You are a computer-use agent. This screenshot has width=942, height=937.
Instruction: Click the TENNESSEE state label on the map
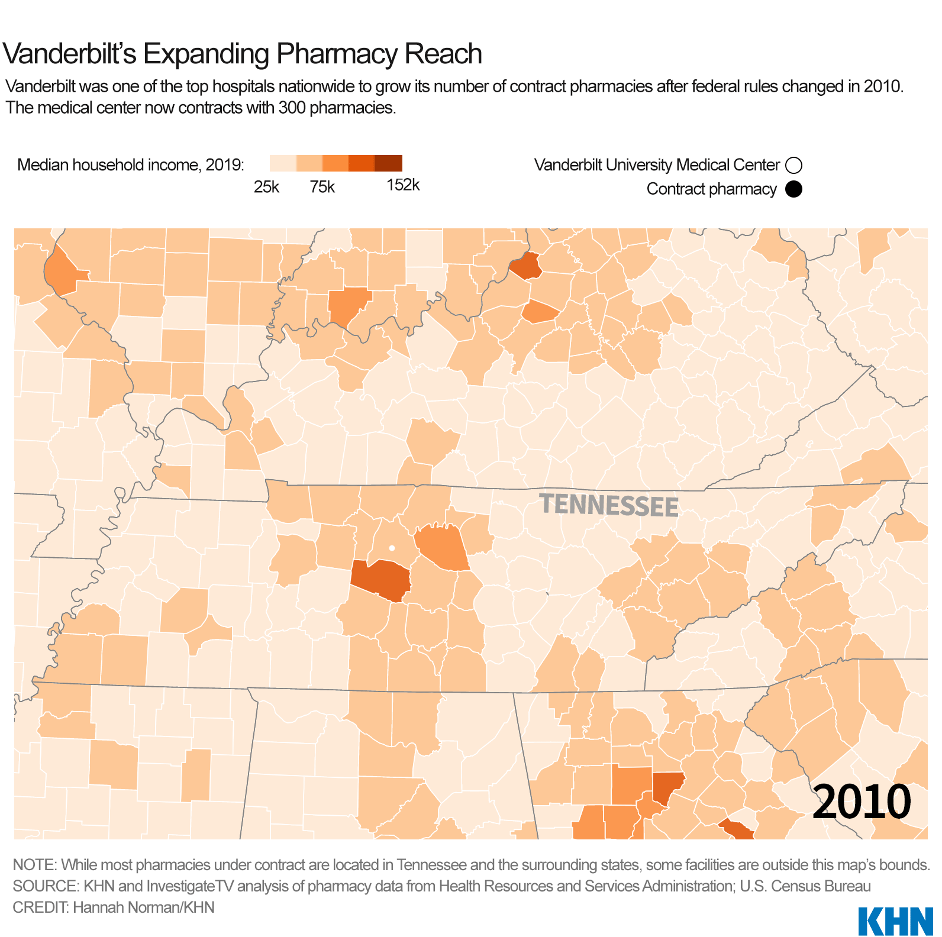pyautogui.click(x=609, y=506)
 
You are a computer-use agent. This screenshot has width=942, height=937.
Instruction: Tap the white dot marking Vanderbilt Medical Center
pyautogui.click(x=392, y=548)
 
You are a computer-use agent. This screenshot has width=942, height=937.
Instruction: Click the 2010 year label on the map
pyautogui.click(x=861, y=802)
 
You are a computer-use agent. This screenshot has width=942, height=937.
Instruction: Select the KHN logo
pyautogui.click(x=895, y=920)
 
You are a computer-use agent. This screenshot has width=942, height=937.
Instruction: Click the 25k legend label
pyautogui.click(x=266, y=187)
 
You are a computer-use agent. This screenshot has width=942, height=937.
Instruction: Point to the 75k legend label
pyautogui.click(x=322, y=187)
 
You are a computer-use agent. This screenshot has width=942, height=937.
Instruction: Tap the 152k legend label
pyautogui.click(x=403, y=185)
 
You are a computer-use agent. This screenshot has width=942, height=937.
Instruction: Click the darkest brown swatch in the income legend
pyautogui.click(x=389, y=163)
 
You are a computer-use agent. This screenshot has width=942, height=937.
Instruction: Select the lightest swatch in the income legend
pyautogui.click(x=283, y=163)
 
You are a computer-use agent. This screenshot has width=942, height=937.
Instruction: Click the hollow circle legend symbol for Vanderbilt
pyautogui.click(x=793, y=165)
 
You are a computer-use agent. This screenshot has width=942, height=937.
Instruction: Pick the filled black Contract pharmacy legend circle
pyautogui.click(x=793, y=189)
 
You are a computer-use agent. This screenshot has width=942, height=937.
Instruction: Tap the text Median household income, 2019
pyautogui.click(x=131, y=165)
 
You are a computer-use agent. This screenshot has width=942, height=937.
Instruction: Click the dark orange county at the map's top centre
pyautogui.click(x=526, y=266)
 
